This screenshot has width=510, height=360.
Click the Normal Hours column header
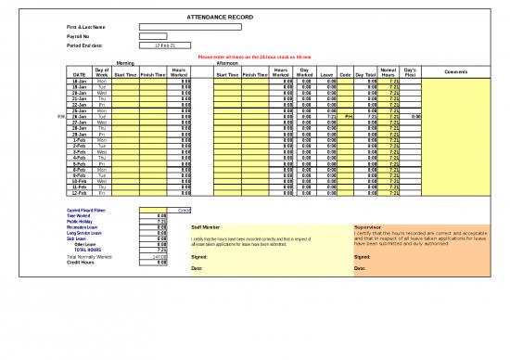coord(389,72)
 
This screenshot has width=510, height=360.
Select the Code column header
coord(346,74)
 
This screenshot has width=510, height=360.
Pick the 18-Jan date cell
coord(80,82)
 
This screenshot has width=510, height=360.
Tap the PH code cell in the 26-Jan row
coord(349,117)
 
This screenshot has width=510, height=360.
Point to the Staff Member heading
coord(205,226)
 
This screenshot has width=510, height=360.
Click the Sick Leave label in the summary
coord(77,238)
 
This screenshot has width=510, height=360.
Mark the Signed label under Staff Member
coord(198,257)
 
